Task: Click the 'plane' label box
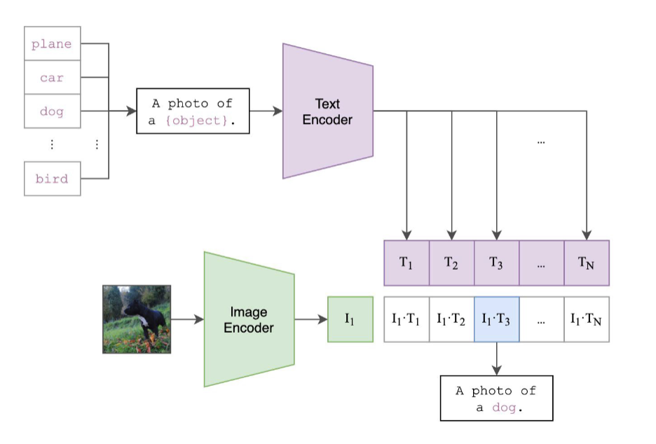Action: (x=53, y=43)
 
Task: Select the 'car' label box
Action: (x=53, y=77)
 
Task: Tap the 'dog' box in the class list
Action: (x=53, y=111)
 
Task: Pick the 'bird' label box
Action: (x=53, y=178)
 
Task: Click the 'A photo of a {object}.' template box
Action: (x=193, y=111)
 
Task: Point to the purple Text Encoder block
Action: (x=327, y=111)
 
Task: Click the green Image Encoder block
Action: (x=249, y=319)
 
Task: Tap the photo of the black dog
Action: (x=137, y=319)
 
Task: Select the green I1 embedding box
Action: (x=350, y=319)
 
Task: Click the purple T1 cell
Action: (x=406, y=263)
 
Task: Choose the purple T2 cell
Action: (x=451, y=263)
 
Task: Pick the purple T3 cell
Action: (x=496, y=263)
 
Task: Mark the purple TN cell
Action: (x=587, y=263)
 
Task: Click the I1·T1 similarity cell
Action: (x=406, y=319)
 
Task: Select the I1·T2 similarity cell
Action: (x=451, y=319)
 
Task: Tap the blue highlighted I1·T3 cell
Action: (x=496, y=319)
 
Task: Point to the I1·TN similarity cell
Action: (x=587, y=319)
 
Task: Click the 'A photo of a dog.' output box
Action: (x=496, y=398)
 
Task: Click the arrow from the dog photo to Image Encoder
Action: (x=187, y=320)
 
